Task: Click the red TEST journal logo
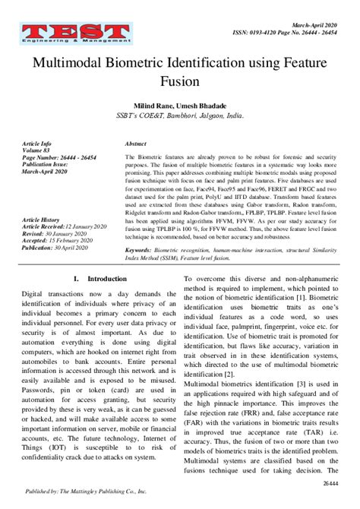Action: (x=74, y=33)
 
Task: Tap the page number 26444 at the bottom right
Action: (x=331, y=482)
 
